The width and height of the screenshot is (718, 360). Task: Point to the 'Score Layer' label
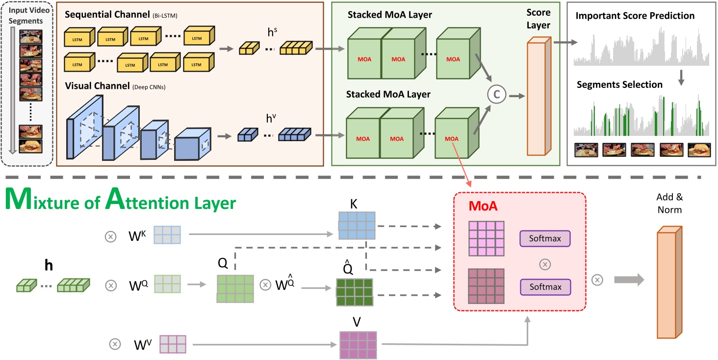(538, 19)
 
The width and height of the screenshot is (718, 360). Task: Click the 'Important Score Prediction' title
(635, 16)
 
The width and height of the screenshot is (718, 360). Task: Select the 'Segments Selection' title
(619, 84)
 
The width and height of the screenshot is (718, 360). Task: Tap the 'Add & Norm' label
(668, 204)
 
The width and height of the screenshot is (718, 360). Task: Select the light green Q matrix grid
(235, 288)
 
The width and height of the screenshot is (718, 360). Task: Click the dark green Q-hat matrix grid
(354, 295)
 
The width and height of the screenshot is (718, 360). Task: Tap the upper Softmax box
(545, 239)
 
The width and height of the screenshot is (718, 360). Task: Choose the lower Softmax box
(545, 287)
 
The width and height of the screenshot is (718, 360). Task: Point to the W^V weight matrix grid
(172, 344)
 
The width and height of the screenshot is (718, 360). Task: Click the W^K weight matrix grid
(167, 235)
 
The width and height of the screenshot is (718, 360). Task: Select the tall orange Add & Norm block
(668, 284)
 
